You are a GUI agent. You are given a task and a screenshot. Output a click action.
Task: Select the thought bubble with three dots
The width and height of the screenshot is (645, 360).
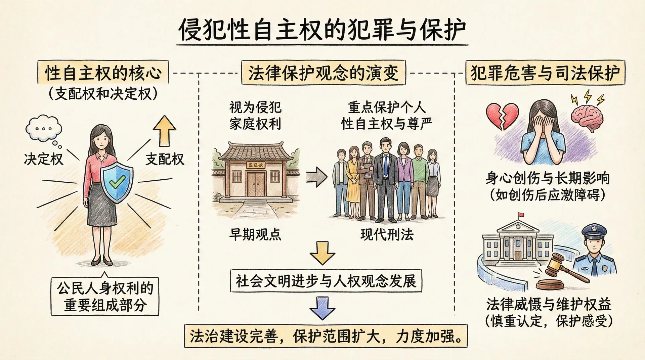click(44, 128)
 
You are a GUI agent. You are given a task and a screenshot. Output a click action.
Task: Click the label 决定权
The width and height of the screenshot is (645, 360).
click(44, 159)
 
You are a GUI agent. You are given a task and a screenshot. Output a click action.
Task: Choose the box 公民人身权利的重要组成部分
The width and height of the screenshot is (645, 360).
click(105, 296)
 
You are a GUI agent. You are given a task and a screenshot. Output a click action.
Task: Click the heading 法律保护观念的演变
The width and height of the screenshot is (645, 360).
click(323, 73)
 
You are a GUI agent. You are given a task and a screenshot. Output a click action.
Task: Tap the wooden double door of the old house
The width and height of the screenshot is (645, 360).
click(256, 184)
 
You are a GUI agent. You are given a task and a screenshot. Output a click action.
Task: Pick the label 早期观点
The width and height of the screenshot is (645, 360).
click(255, 234)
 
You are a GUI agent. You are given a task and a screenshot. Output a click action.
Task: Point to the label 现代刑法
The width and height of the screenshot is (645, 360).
click(387, 234)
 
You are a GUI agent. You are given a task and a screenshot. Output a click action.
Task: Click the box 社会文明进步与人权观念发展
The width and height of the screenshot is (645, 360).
click(326, 281)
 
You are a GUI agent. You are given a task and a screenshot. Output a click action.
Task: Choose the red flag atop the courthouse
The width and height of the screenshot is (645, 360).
click(521, 215)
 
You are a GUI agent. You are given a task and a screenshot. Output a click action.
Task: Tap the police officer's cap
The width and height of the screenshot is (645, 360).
click(594, 231)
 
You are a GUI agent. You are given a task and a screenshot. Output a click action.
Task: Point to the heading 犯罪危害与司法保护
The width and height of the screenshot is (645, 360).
click(545, 73)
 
